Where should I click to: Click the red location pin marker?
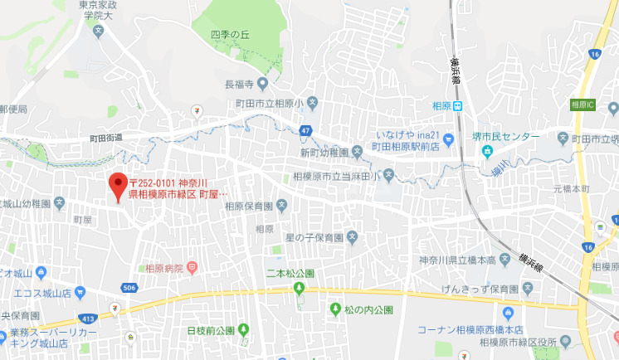coord(118,184)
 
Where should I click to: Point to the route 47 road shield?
coord(306,131)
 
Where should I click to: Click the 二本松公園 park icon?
coord(300,288)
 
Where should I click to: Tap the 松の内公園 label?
coord(368,309)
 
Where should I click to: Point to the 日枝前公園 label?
coord(212,330)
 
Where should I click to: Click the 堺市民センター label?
coord(511,137)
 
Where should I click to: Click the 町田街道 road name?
coord(106,137)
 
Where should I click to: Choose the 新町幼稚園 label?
coord(324,152)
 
